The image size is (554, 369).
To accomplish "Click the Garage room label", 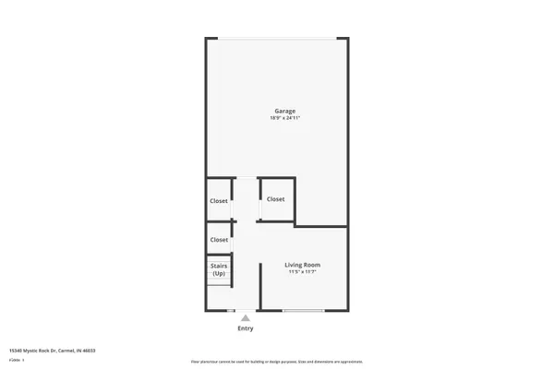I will (284, 111).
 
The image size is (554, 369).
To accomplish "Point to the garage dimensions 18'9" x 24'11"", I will (284, 118).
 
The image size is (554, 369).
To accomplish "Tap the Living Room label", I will (304, 265).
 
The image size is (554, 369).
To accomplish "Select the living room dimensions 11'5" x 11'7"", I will (304, 272).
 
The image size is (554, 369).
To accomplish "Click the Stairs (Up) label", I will (219, 269).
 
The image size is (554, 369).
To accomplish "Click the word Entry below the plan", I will (246, 328).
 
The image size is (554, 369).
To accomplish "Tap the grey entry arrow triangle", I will (246, 318).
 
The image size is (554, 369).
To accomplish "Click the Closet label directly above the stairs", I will (219, 240).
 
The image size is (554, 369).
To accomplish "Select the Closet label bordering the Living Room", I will (276, 199).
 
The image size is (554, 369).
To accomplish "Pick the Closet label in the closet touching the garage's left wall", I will (219, 200).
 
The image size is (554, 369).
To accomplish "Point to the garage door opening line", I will (277, 38).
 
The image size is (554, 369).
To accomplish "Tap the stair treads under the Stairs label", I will (219, 281).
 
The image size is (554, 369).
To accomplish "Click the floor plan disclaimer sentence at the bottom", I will (276, 361).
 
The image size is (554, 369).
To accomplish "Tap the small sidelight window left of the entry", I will (232, 311).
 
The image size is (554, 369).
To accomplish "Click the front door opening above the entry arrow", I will (246, 311).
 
